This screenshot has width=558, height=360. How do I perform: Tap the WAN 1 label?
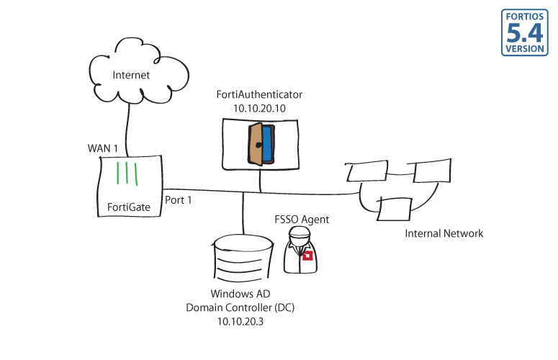click(x=102, y=148)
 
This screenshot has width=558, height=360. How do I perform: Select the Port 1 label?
click(x=179, y=199)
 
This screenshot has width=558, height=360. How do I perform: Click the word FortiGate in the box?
click(x=129, y=207)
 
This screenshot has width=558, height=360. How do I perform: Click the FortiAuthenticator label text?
click(x=260, y=94)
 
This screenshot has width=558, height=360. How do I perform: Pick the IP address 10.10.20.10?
click(x=260, y=107)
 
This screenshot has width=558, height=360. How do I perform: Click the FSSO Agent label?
click(x=302, y=219)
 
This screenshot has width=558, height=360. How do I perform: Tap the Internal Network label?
click(x=444, y=233)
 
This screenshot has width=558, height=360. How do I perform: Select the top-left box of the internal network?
click(x=367, y=171)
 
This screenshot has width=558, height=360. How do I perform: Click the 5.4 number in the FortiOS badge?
click(x=525, y=32)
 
